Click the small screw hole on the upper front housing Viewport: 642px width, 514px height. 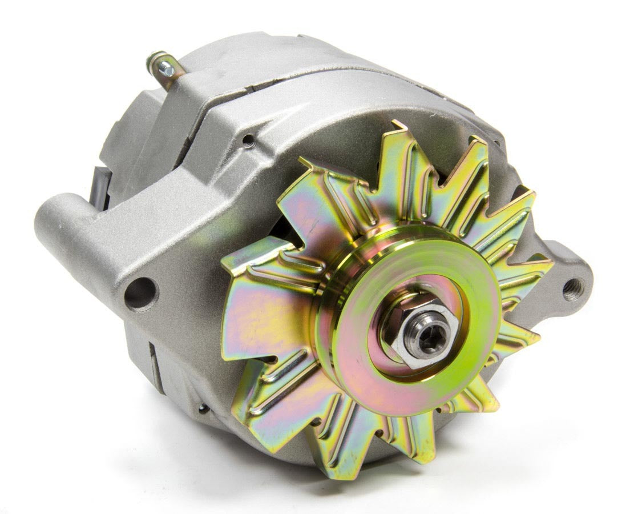click(x=248, y=139)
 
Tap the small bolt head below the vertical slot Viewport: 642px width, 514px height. click(x=203, y=408)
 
